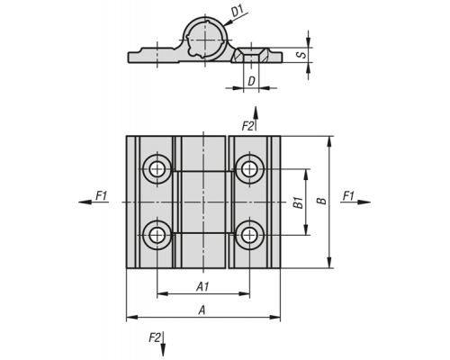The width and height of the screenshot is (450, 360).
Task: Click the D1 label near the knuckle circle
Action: [x=238, y=12]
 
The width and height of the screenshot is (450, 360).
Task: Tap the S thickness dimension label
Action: [x=302, y=55]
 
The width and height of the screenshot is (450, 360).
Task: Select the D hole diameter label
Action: [x=251, y=81]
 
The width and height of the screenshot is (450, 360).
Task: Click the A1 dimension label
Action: [x=202, y=287]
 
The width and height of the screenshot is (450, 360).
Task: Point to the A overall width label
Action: [x=202, y=310]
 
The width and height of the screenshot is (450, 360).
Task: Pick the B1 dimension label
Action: [x=298, y=202]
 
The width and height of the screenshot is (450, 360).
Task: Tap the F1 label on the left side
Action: [x=102, y=195]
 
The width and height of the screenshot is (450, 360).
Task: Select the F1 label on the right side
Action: [x=348, y=195]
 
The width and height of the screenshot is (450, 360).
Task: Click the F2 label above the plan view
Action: [x=247, y=126]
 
